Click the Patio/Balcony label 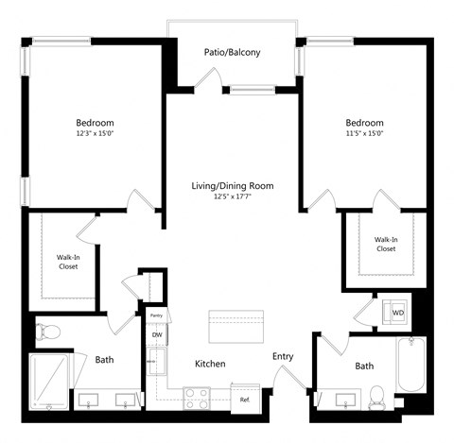[232, 53]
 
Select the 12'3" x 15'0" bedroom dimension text [95, 134]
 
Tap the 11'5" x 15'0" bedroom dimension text [364, 134]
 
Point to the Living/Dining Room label [232, 186]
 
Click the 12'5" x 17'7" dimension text [232, 197]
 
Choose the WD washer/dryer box [398, 311]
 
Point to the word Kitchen [209, 364]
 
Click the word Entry [283, 356]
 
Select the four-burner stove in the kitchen [198, 398]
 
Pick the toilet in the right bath [376, 396]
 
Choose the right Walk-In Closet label [385, 244]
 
